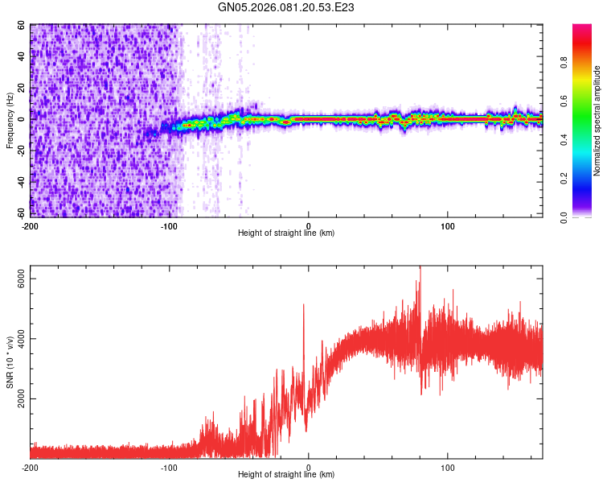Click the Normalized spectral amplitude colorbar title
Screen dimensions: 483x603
pyautogui.click(x=597, y=121)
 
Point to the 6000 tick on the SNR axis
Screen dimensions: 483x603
pyautogui.click(x=19, y=279)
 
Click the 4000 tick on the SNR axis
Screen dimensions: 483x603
pyautogui.click(x=19, y=338)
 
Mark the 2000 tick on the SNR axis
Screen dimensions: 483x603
pyautogui.click(x=19, y=398)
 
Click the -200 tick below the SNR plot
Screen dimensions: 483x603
pyautogui.click(x=31, y=467)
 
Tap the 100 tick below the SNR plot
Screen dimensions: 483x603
pyautogui.click(x=448, y=467)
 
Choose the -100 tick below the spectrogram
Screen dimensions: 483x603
pyautogui.click(x=170, y=224)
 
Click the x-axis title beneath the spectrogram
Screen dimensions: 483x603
pyautogui.click(x=286, y=233)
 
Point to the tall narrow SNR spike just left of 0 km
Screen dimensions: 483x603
pyautogui.click(x=303, y=306)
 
